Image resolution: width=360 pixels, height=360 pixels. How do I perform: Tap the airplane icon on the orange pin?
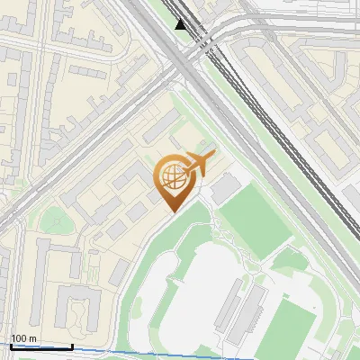click(198, 163)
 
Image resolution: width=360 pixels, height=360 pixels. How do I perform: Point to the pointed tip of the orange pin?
click(172, 212)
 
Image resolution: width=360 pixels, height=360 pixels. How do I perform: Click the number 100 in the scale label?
click(19, 338)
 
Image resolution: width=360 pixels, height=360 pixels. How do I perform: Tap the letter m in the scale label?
click(32, 338)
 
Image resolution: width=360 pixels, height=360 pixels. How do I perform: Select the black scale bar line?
click(41, 346)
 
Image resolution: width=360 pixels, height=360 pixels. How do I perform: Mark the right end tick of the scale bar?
click(73, 345)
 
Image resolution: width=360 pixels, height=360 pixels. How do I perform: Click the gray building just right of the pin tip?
click(222, 187)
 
